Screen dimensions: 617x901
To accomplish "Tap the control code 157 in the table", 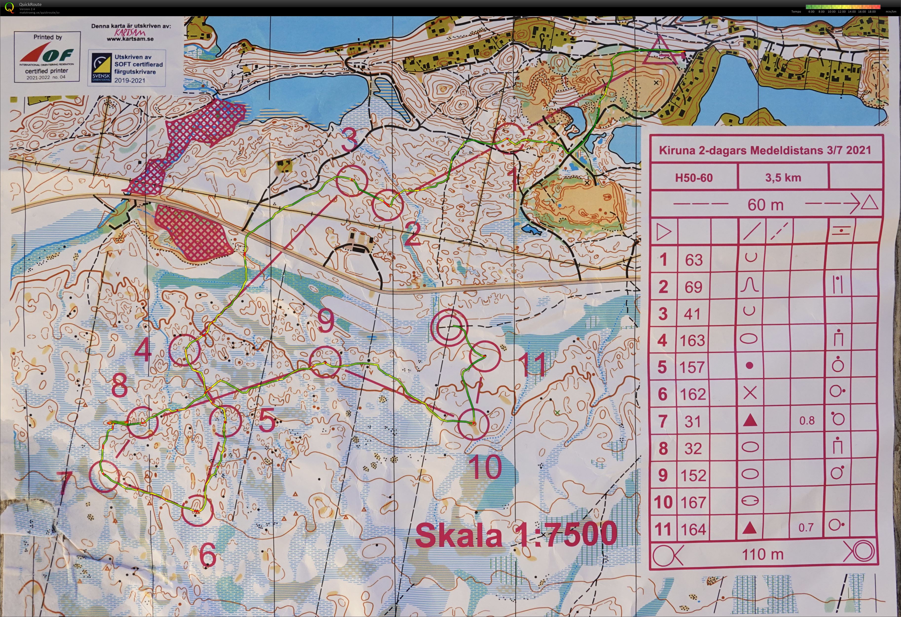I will point(692,367).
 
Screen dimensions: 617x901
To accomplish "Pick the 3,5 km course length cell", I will point(783,178).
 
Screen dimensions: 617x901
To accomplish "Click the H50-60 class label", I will point(694,178).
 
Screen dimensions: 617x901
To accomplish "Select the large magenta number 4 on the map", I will point(143,350).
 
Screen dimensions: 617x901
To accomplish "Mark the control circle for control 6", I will point(197,510).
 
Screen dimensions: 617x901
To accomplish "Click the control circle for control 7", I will point(105,476).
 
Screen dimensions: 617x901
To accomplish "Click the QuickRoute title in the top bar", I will point(30,4).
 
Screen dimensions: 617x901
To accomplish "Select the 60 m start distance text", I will point(765,205).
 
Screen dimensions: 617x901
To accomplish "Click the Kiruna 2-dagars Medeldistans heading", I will point(765,150).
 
